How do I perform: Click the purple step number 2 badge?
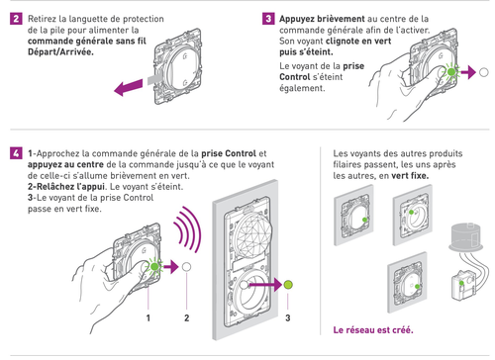[16, 19]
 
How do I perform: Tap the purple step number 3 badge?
[268, 19]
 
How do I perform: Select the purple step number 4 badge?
[16, 153]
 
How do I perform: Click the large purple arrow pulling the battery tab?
[129, 87]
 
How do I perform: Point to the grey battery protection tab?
[154, 79]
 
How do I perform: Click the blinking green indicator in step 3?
[451, 72]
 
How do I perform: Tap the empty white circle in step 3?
[483, 72]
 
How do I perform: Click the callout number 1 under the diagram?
[148, 317]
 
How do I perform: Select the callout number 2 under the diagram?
[187, 317]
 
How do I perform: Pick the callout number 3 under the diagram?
[288, 317]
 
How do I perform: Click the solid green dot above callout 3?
[288, 285]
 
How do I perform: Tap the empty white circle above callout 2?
[186, 267]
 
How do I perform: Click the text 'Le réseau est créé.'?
[373, 330]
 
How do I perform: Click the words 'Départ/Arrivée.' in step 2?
[60, 52]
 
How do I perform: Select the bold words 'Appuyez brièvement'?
[322, 19]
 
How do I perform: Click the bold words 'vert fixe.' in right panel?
[410, 175]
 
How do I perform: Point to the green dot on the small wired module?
[461, 283]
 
